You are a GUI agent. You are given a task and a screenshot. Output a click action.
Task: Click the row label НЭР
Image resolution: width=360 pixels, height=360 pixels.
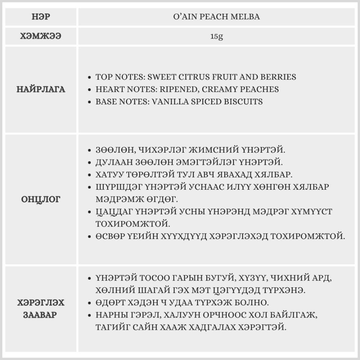(x=41, y=17)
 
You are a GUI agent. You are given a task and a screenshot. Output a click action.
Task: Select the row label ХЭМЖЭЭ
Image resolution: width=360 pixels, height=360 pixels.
(x=41, y=36)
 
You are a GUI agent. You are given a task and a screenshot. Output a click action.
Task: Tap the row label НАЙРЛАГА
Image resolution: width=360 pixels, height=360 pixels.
(x=41, y=89)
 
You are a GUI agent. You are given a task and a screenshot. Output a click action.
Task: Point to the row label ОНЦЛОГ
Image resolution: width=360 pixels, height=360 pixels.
(x=41, y=199)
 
